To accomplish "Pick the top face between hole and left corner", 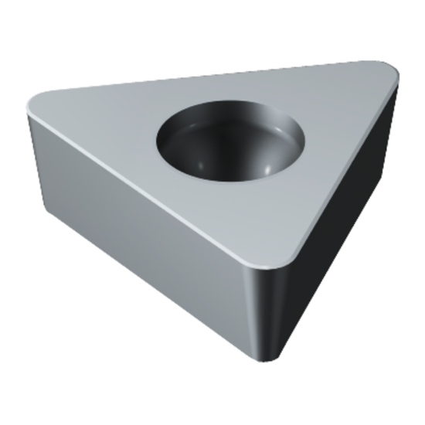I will [x=108, y=124].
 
